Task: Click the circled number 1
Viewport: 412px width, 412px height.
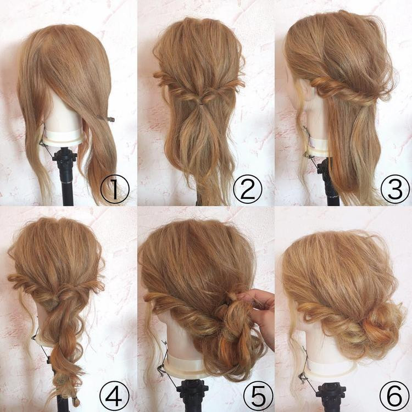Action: [115, 189]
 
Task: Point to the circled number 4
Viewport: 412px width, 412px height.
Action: [115, 393]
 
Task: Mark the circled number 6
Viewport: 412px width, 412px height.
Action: [394, 393]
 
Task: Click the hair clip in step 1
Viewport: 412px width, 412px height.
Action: [107, 118]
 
